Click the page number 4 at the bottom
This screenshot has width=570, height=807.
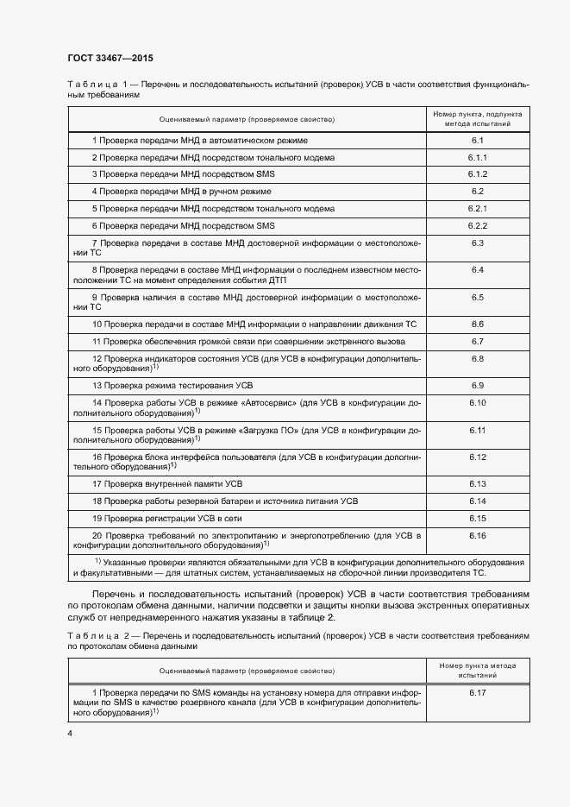70,733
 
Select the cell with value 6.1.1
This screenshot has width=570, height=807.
478,158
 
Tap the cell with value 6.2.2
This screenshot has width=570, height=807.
478,225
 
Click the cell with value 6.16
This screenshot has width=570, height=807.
478,536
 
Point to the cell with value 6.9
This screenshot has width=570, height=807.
478,385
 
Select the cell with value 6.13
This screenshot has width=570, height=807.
478,483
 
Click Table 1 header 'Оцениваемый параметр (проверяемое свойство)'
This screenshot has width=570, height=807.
247,119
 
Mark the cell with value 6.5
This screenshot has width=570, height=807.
478,297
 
